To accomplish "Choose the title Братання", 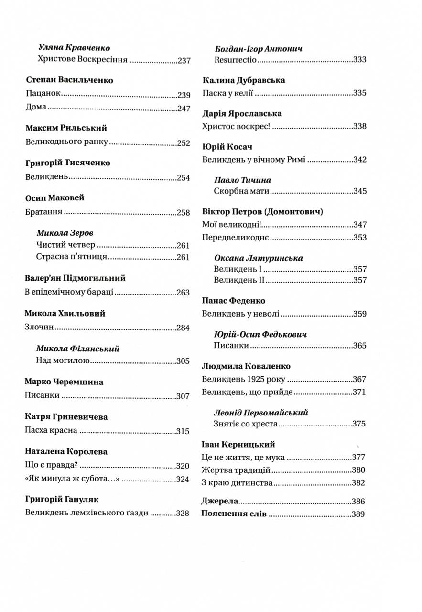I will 44,213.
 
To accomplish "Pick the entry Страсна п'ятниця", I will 71,257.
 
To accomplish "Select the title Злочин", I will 39,328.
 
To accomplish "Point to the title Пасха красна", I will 51,430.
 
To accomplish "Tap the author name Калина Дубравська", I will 244,80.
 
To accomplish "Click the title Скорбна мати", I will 242,192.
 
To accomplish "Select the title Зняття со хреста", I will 246,424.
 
